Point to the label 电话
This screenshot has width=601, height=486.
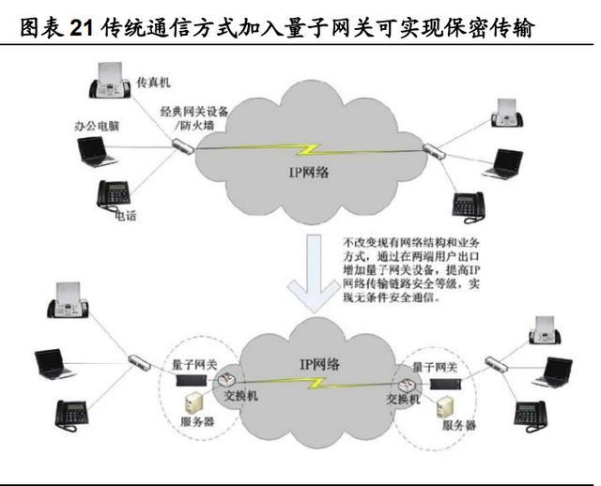[x=124, y=216]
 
